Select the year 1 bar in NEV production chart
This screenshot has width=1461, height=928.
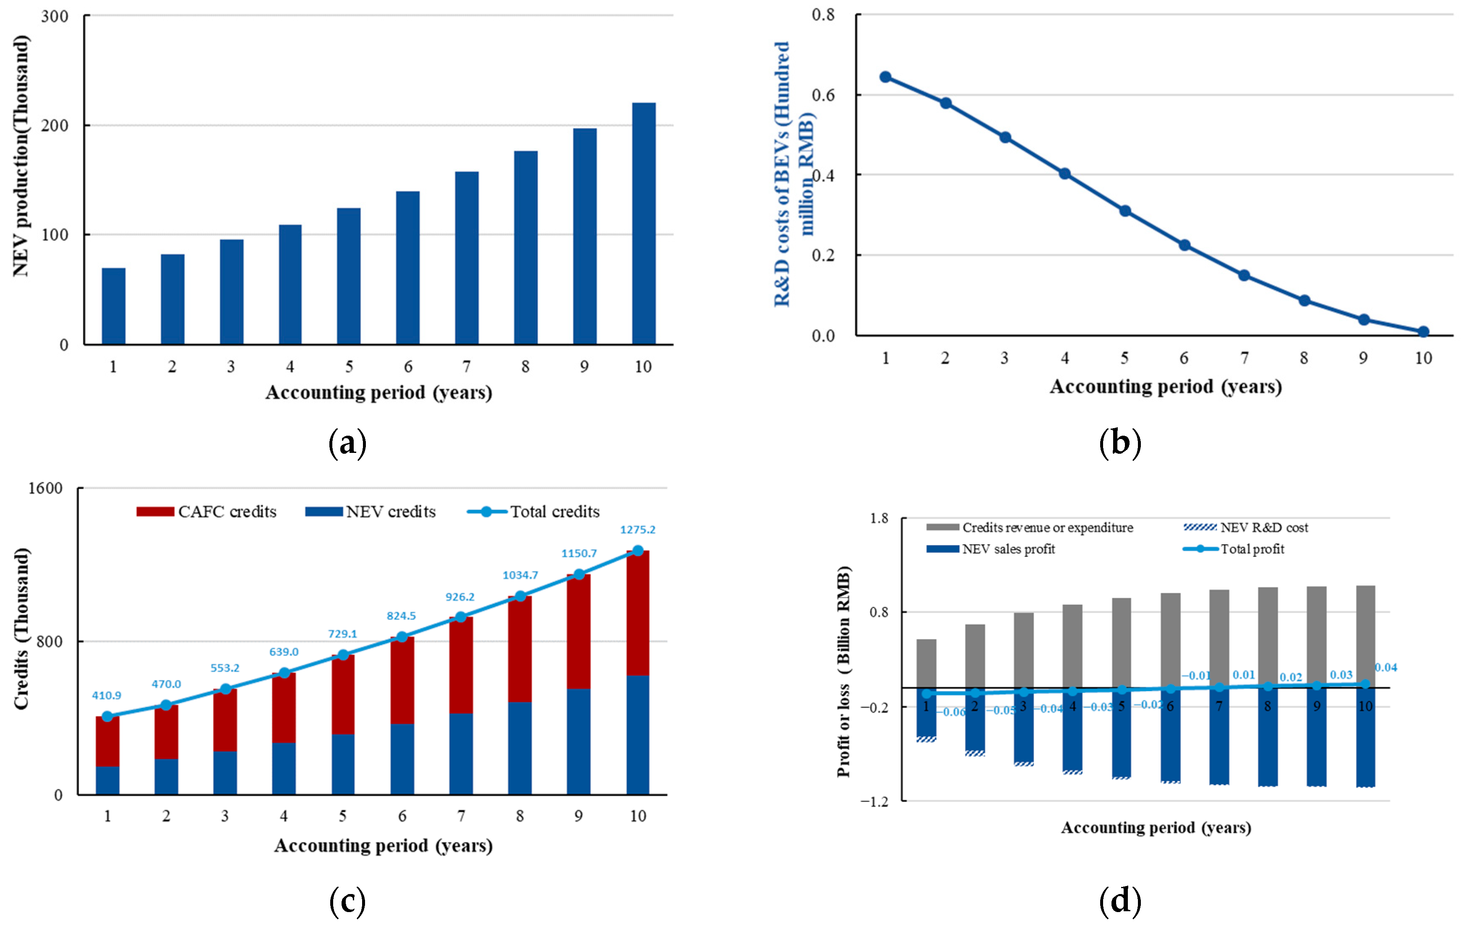coord(113,306)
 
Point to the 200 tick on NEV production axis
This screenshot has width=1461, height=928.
coord(55,125)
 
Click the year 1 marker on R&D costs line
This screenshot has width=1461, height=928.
coord(885,77)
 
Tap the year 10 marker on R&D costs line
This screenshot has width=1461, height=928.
coord(1423,331)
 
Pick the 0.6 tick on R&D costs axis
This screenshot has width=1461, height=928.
coord(823,95)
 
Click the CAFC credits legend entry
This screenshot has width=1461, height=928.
coord(206,512)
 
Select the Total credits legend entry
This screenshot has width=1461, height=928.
coord(534,512)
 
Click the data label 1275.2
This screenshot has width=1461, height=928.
coord(638,530)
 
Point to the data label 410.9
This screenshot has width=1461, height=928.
coord(106,695)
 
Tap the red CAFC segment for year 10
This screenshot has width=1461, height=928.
coord(638,613)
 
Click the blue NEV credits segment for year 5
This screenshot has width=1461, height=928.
coord(343,764)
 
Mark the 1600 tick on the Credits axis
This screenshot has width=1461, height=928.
coord(45,488)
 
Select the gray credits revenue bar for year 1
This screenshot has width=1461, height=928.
coord(926,663)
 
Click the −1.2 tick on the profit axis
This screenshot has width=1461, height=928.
coord(874,801)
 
